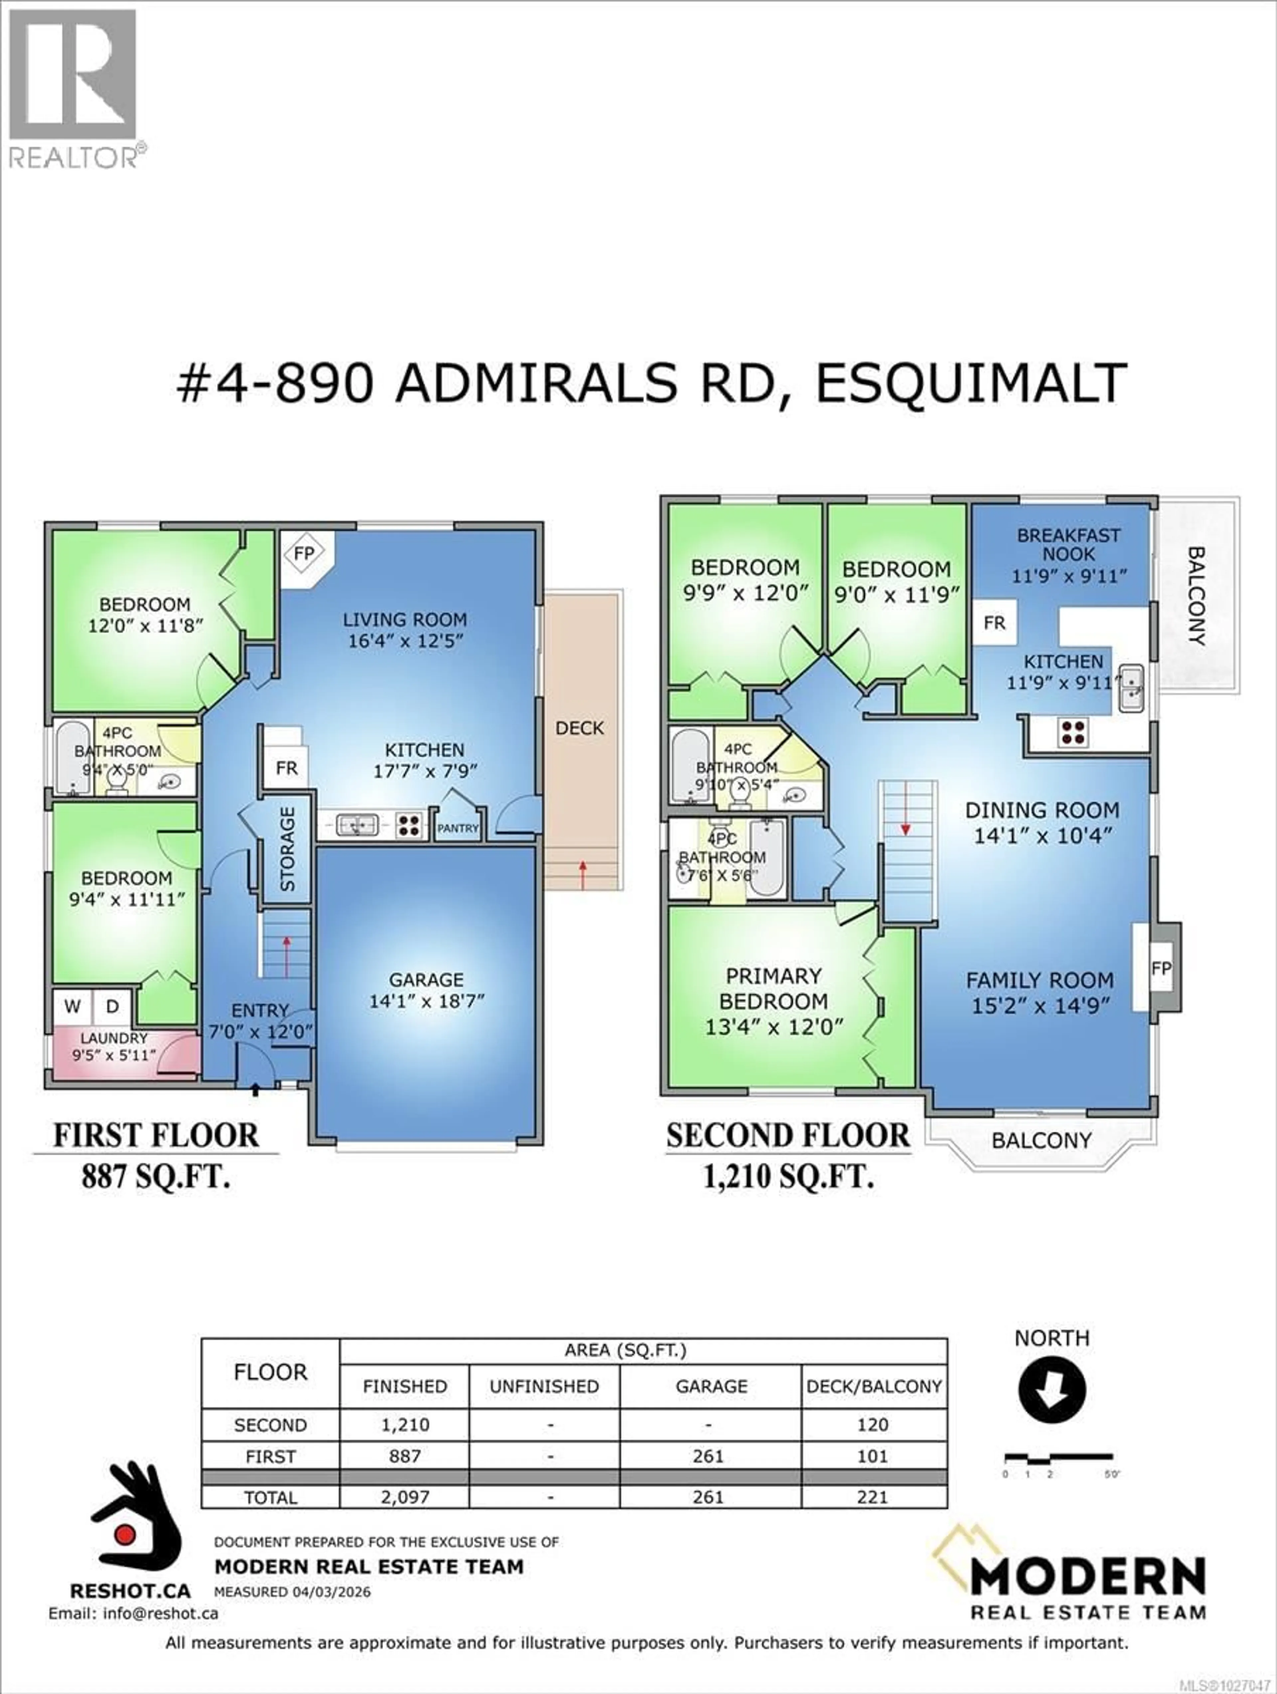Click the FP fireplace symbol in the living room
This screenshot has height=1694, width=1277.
304,553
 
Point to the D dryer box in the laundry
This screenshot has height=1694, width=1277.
112,1006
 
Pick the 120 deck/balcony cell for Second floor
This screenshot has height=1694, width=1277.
873,1425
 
